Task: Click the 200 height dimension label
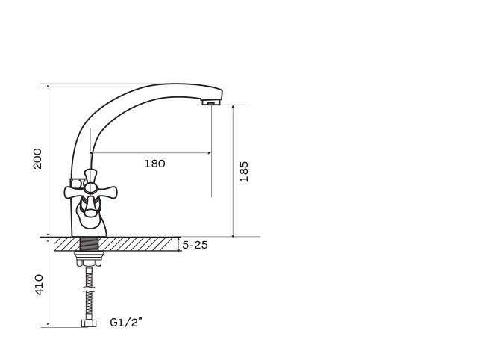point(37,158)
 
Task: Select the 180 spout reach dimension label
point(154,164)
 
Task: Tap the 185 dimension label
point(244,171)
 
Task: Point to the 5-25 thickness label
point(195,245)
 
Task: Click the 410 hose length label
point(39,285)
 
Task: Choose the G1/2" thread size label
point(126,323)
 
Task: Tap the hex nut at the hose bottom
point(89,323)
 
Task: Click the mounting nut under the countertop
point(89,258)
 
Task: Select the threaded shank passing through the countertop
point(89,244)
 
